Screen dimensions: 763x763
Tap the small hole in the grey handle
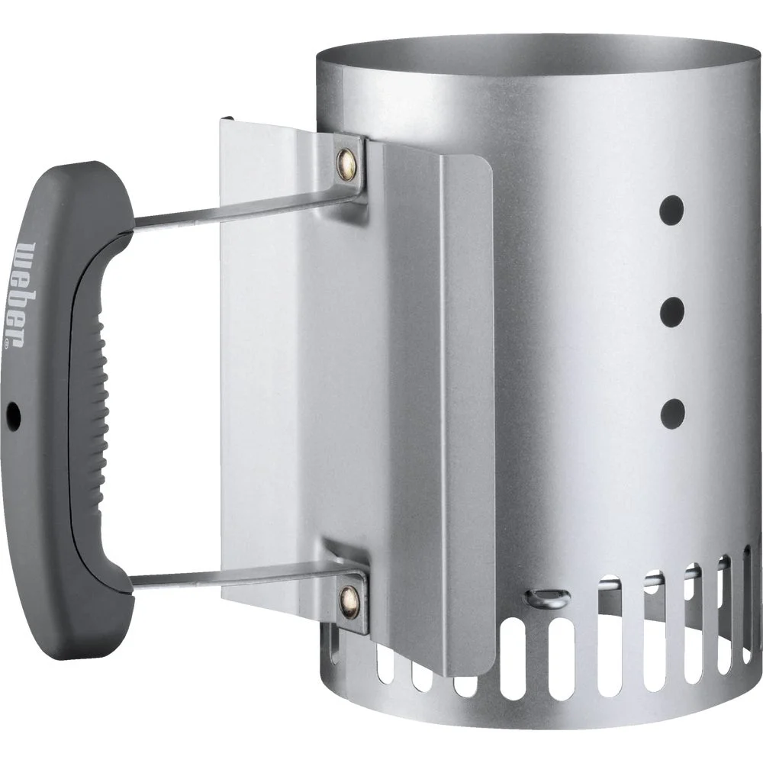coord(13,415)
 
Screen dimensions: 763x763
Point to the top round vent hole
coord(672,209)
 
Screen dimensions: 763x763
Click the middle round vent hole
coord(672,311)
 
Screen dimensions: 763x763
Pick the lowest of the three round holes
coord(672,412)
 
